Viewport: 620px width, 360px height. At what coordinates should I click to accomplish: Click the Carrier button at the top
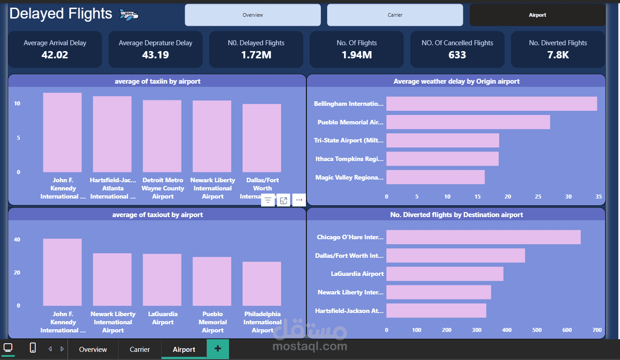pyautogui.click(x=395, y=15)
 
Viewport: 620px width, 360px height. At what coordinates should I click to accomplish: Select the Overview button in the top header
pyautogui.click(x=253, y=15)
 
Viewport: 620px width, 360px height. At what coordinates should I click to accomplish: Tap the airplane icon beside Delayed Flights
pyautogui.click(x=129, y=15)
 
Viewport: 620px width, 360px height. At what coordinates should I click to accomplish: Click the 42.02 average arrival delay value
pyautogui.click(x=55, y=55)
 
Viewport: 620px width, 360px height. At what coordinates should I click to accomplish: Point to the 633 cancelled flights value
pyautogui.click(x=457, y=55)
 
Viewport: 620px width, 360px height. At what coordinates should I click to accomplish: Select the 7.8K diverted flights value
pyautogui.click(x=558, y=55)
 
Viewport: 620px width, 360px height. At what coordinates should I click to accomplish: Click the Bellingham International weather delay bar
pyautogui.click(x=491, y=104)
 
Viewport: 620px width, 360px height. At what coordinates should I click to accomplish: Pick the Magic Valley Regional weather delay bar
pyautogui.click(x=435, y=177)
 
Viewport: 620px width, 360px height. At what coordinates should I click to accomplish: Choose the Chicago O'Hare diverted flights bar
pyautogui.click(x=483, y=237)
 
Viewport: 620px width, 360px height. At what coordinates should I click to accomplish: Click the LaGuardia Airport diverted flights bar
pyautogui.click(x=444, y=274)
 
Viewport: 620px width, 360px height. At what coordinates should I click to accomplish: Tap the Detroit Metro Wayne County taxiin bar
pyautogui.click(x=162, y=136)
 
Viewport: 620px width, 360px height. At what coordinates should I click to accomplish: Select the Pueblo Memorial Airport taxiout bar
pyautogui.click(x=212, y=281)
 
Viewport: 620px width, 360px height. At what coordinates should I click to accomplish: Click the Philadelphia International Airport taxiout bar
pyautogui.click(x=262, y=284)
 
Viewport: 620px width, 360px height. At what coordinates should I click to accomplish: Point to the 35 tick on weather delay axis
pyautogui.click(x=599, y=197)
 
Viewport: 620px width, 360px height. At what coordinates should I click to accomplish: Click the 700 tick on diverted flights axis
pyautogui.click(x=597, y=330)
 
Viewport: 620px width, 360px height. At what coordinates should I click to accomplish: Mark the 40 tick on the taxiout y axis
pyautogui.click(x=17, y=240)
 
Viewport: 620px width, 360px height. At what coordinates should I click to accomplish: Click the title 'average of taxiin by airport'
pyautogui.click(x=157, y=81)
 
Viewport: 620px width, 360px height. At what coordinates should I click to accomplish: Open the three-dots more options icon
pyautogui.click(x=299, y=200)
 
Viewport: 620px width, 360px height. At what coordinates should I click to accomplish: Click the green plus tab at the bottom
pyautogui.click(x=218, y=349)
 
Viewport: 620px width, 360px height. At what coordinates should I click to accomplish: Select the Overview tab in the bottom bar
pyautogui.click(x=93, y=350)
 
